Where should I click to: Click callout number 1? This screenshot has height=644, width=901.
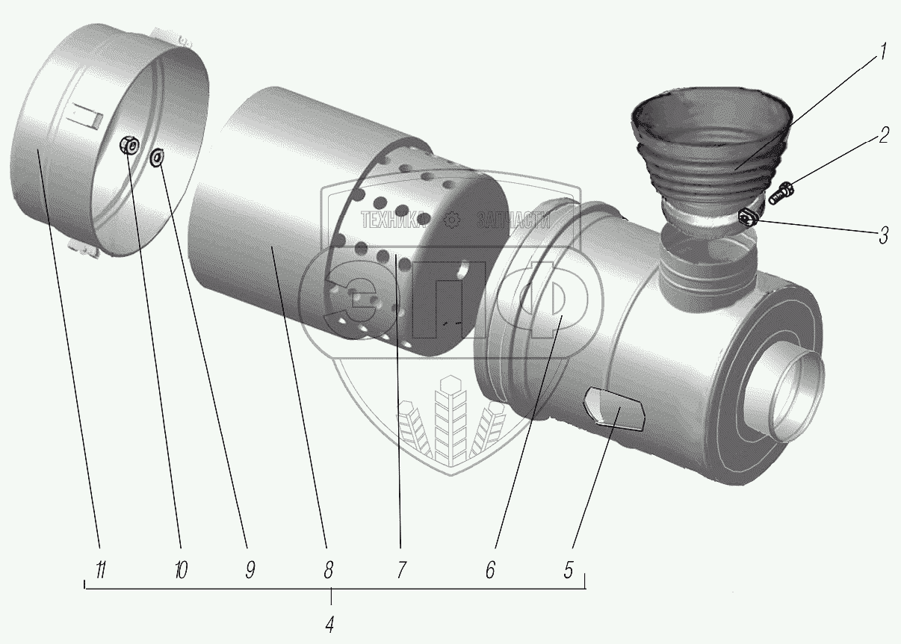coord(882,53)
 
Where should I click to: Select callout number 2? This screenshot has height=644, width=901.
coord(883,136)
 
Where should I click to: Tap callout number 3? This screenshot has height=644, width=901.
coord(883,236)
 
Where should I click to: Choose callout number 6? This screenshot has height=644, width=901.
coord(490,572)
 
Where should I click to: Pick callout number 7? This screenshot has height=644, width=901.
coord(400,572)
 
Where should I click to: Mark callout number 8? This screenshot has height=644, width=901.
coord(327,572)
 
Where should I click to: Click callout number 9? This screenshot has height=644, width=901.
coord(250,572)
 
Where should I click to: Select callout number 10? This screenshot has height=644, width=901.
coord(180,572)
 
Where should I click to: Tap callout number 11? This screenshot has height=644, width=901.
coord(100,572)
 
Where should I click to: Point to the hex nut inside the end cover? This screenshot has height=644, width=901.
coord(129,145)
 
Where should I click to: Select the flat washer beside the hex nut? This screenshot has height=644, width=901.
coord(157,157)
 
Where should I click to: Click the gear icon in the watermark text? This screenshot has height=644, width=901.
coord(450,220)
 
